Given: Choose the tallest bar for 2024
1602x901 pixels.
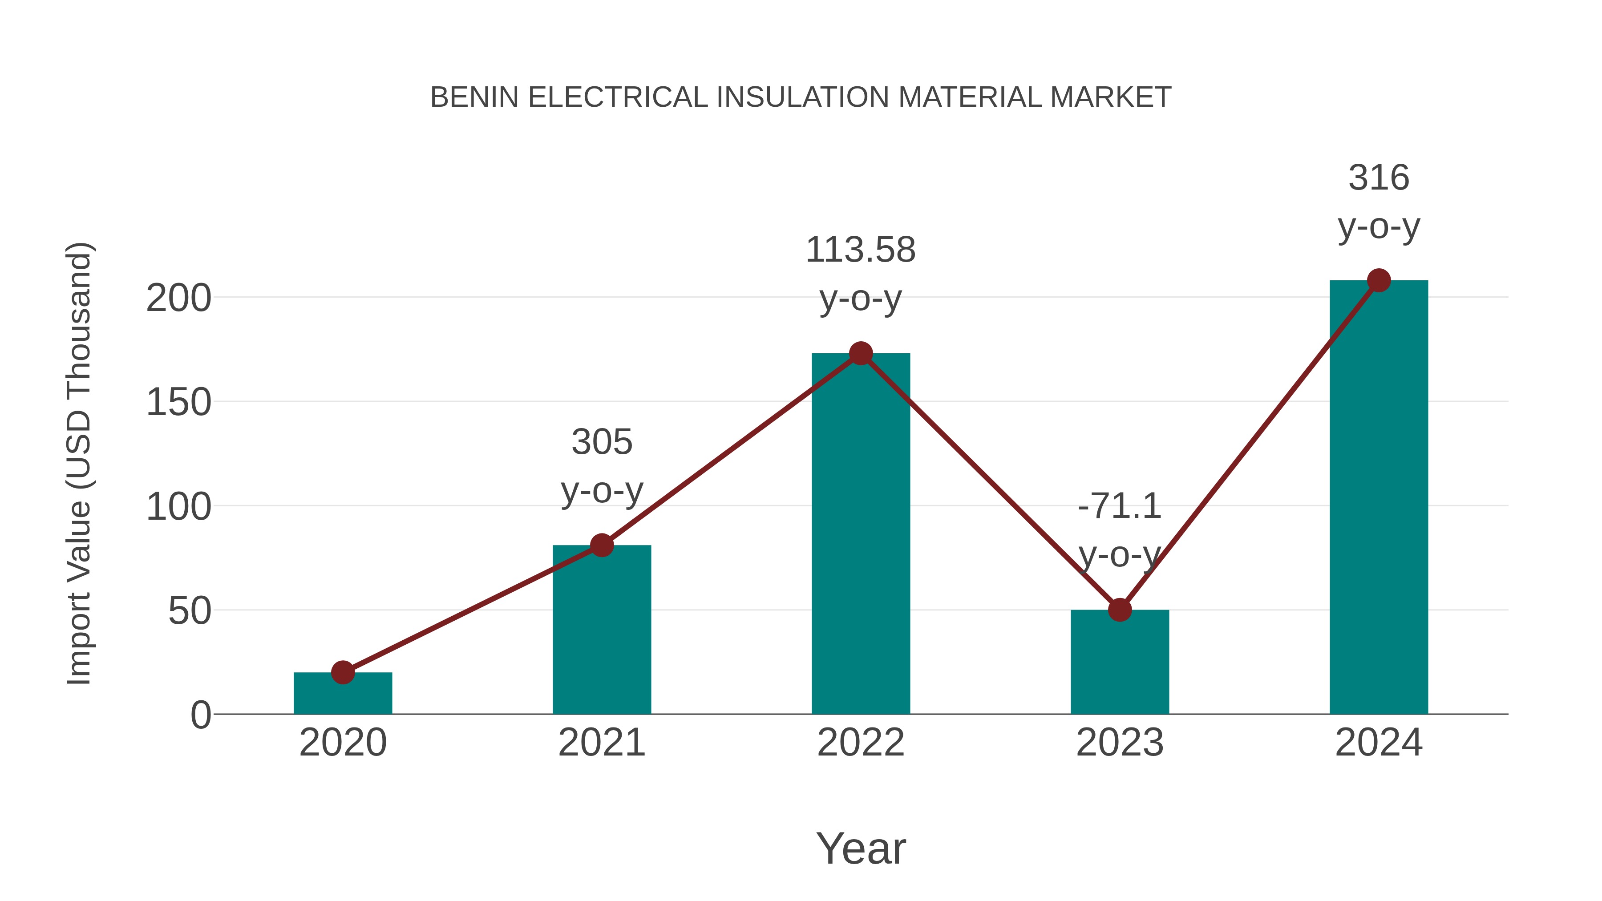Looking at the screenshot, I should tap(1378, 497).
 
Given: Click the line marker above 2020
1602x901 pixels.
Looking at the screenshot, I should tap(343, 672).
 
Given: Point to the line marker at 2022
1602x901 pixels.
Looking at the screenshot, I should tap(861, 354).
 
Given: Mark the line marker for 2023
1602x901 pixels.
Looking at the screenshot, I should tap(1120, 610).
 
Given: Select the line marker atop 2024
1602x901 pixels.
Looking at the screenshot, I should tap(1379, 280).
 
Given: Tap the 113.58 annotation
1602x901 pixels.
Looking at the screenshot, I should tap(860, 250).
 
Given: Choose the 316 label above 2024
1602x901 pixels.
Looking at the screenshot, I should tap(1378, 178).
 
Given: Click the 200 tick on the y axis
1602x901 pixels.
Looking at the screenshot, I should tap(178, 299).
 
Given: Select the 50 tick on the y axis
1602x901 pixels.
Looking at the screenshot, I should tap(190, 611).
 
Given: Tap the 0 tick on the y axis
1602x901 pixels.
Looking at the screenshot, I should tap(201, 715).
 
